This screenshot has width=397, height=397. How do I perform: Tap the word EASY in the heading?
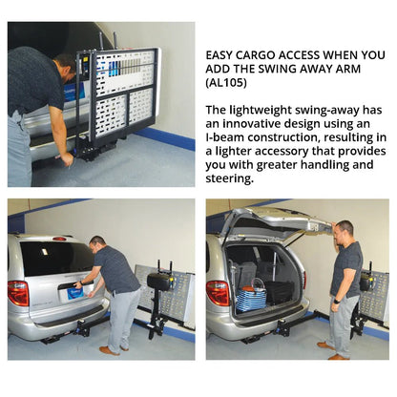(x=223, y=54)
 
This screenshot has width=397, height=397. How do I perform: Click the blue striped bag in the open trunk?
(x=253, y=295)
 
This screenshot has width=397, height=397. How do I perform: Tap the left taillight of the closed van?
(x=18, y=293)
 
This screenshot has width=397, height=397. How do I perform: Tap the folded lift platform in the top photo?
(x=125, y=94)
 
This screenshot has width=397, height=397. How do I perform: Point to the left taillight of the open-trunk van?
(x=218, y=293)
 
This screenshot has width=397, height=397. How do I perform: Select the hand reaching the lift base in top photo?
(x=68, y=159)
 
